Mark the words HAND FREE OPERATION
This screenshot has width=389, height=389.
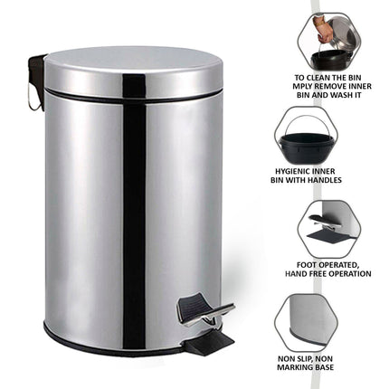(327, 275)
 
